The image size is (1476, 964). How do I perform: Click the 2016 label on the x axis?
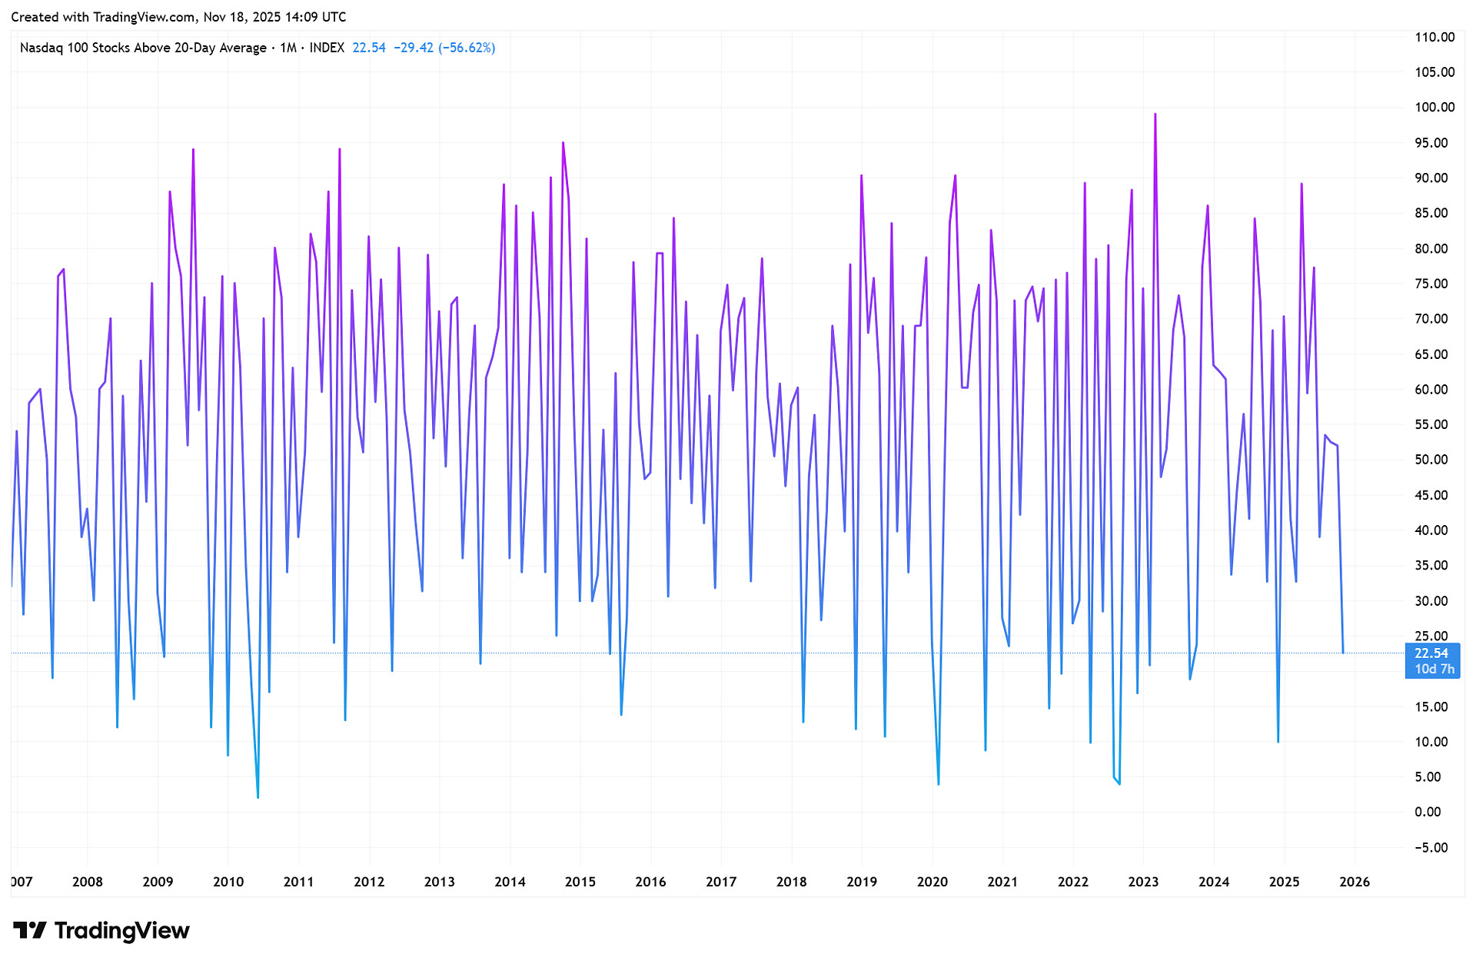[650, 882]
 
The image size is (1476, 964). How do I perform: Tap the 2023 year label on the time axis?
[1143, 882]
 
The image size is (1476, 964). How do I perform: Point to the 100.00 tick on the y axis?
[1434, 108]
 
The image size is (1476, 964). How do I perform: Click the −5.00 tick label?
[1431, 847]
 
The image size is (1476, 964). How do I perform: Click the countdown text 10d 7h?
[1434, 669]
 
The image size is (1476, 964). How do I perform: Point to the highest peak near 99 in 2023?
[1155, 115]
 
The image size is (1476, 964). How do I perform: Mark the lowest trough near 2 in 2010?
[258, 797]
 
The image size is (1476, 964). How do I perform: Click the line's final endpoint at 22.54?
[1343, 653]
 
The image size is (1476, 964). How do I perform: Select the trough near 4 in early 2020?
[939, 783]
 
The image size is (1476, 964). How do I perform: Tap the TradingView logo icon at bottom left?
[30, 930]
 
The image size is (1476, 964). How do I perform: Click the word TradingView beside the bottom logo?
[121, 930]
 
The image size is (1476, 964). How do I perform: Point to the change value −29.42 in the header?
[413, 48]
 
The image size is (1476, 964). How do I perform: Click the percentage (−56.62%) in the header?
[467, 48]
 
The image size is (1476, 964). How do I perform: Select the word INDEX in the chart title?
[327, 48]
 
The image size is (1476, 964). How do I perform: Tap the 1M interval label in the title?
[288, 48]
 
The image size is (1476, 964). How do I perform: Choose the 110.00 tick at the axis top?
[1434, 37]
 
